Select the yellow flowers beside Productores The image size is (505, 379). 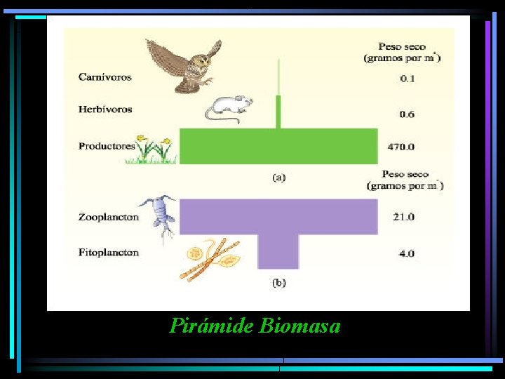pos(154,149)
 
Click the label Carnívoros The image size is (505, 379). pos(105,77)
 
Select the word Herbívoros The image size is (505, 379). pos(105,109)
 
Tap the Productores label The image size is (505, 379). pos(107,146)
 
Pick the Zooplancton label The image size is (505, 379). pos(109,217)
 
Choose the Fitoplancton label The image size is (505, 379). pos(109,253)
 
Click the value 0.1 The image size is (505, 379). pos(407,78)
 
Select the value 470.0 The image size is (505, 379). pos(401,147)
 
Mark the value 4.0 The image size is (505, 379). pos(407,253)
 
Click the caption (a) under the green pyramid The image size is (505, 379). pos(278,178)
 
